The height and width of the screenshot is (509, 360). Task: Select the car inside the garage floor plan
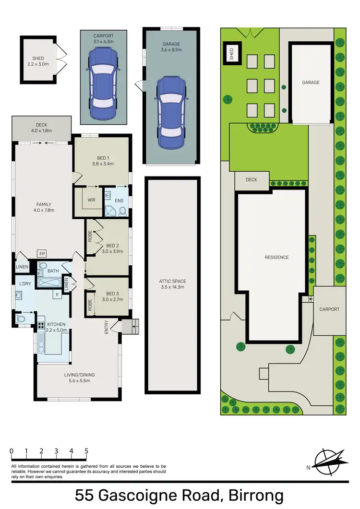(x=171, y=113)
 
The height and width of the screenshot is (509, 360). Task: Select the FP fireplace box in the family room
(x=43, y=254)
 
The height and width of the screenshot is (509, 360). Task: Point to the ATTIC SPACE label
(x=172, y=284)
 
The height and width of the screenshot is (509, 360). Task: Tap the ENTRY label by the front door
(x=107, y=328)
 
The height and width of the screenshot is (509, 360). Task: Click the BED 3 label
(x=113, y=296)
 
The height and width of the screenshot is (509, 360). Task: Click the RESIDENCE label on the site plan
(x=276, y=258)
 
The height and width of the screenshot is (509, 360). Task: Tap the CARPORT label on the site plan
(x=329, y=309)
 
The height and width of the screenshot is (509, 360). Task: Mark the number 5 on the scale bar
(x=86, y=451)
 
